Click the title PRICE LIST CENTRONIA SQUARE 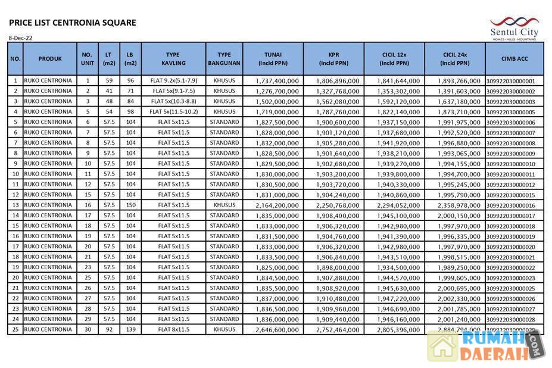pyautogui.click(x=73, y=23)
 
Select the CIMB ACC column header pyautogui.click(x=514, y=59)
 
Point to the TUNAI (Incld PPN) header pyautogui.click(x=273, y=59)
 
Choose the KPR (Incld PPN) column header pyautogui.click(x=333, y=59)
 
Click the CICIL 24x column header pyautogui.click(x=455, y=59)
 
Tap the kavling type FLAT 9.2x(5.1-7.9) pyautogui.click(x=174, y=80)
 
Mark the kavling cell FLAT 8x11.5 pyautogui.click(x=174, y=329)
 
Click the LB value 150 pyautogui.click(x=130, y=205)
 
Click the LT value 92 pyautogui.click(x=109, y=329)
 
